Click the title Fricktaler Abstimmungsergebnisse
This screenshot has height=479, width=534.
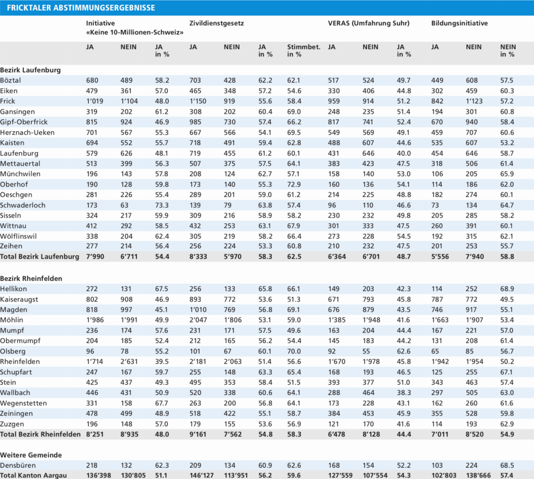[x=81, y=8]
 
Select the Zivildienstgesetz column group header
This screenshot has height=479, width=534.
[x=217, y=23]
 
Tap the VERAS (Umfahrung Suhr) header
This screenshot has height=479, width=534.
[x=369, y=23]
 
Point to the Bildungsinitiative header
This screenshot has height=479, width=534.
[x=459, y=23]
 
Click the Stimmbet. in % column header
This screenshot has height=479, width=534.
[x=304, y=51]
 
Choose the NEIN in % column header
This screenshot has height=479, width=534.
[x=508, y=51]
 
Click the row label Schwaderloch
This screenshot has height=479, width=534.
[x=23, y=205]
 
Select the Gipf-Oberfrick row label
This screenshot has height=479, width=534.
[x=24, y=122]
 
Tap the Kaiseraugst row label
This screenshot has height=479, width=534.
[x=19, y=299]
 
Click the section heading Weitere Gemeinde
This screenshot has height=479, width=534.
[x=31, y=455]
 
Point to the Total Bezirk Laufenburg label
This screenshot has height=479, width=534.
[x=39, y=257]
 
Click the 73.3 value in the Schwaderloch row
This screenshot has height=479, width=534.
[x=162, y=205]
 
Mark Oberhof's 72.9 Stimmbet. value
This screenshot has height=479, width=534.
[x=294, y=184]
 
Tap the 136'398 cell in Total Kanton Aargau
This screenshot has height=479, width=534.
[x=98, y=475]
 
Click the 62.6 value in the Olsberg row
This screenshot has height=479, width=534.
[x=404, y=351]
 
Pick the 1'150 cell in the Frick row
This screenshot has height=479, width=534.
[x=198, y=101]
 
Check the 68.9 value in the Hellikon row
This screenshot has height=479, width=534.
[x=507, y=289]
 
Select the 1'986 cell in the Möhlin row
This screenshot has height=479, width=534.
[x=95, y=320]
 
